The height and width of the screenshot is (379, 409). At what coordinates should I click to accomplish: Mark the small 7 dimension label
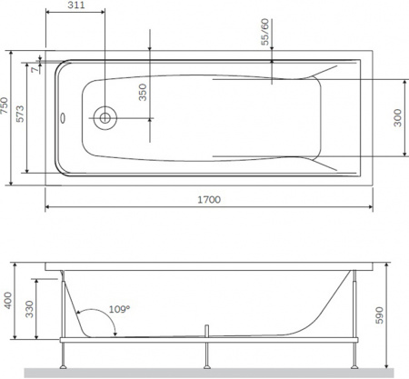pos(34,68)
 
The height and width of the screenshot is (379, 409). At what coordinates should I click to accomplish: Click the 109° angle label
pos(120,310)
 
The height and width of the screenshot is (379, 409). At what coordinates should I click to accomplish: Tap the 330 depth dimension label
pos(30,314)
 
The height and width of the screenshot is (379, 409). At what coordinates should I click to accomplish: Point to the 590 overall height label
pos(395,314)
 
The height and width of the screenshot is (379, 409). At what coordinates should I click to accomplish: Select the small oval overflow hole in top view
pos(64,116)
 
